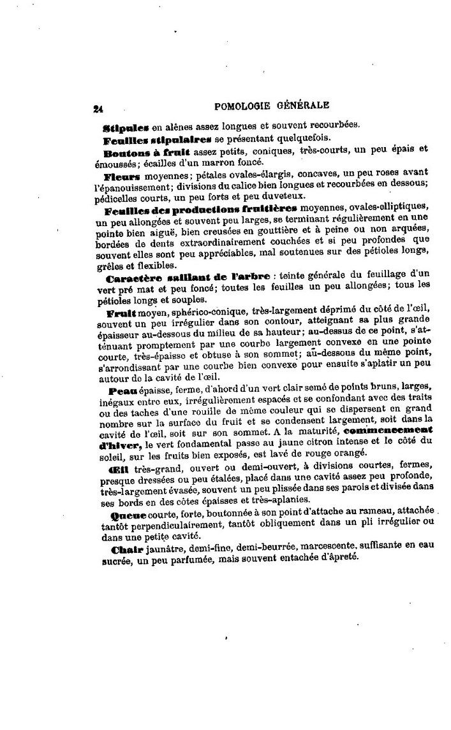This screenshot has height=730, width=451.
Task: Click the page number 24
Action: (98, 109)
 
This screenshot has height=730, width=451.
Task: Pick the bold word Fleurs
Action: (124, 173)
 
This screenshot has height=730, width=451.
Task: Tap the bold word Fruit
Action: (120, 314)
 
